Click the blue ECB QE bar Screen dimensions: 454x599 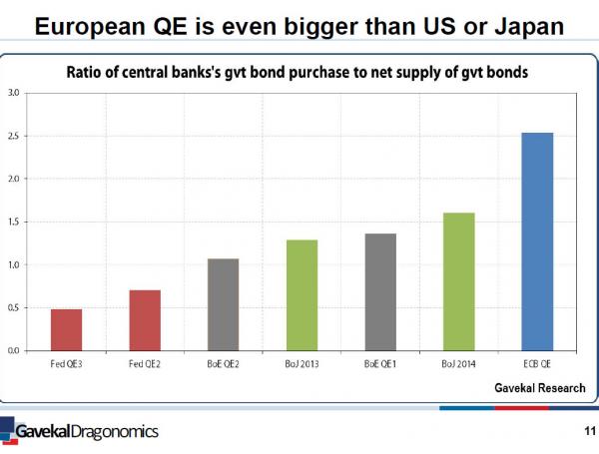point(537,241)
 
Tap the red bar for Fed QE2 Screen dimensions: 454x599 point(145,320)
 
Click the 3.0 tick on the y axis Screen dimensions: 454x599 point(14,93)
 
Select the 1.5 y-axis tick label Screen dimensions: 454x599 point(14,222)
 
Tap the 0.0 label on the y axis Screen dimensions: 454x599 point(14,351)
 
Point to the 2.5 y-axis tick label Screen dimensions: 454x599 point(14,136)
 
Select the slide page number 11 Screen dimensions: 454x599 point(587,431)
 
